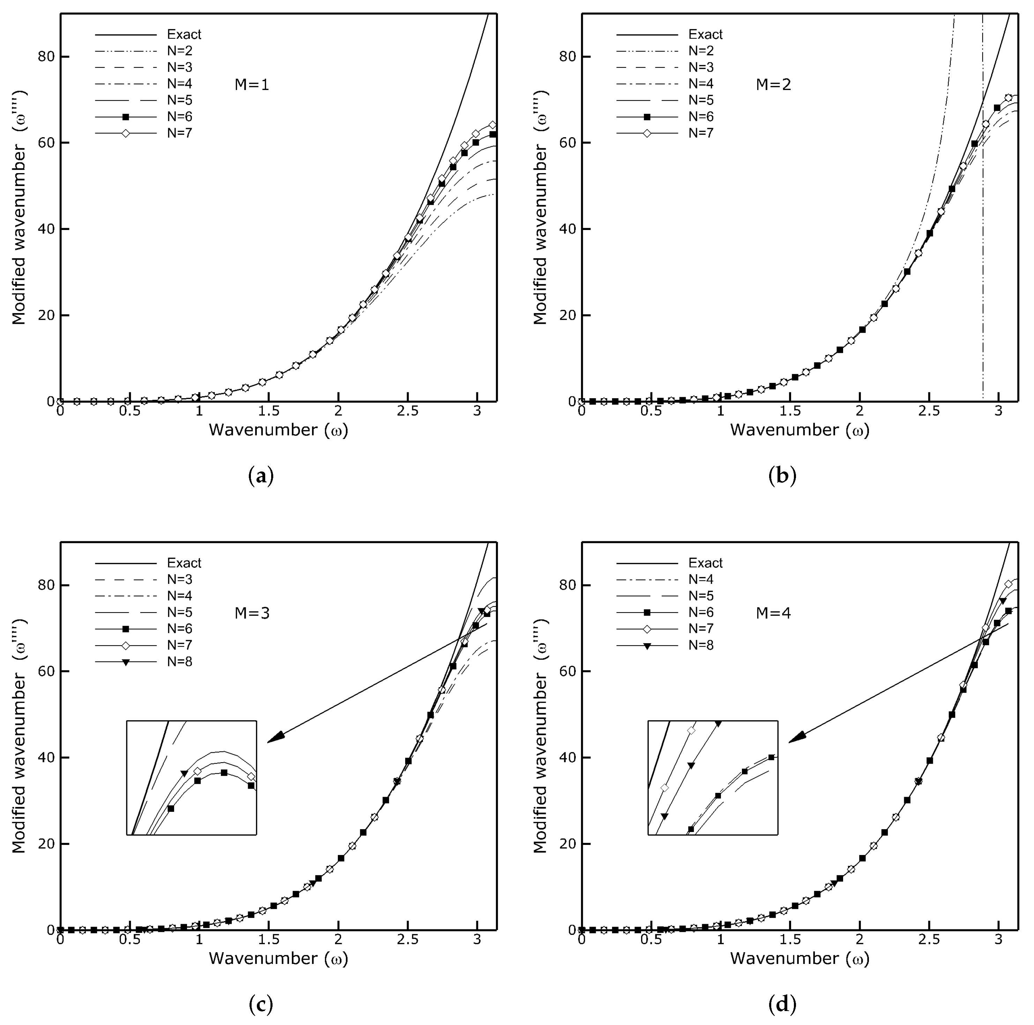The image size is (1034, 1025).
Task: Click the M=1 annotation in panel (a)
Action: (x=252, y=84)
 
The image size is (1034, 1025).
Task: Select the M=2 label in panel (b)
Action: (x=773, y=84)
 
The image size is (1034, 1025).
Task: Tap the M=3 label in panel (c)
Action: (x=252, y=613)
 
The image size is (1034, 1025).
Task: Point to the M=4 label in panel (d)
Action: (x=773, y=613)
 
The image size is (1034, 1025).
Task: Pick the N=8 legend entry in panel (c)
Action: (x=179, y=662)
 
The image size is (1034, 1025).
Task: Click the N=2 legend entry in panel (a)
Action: (x=179, y=51)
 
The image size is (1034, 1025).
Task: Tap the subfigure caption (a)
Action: (x=261, y=476)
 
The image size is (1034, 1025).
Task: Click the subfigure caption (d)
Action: (x=782, y=1004)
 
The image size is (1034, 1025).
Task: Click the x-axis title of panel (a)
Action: (x=278, y=430)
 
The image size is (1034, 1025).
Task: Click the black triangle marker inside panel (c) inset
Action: (x=185, y=774)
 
